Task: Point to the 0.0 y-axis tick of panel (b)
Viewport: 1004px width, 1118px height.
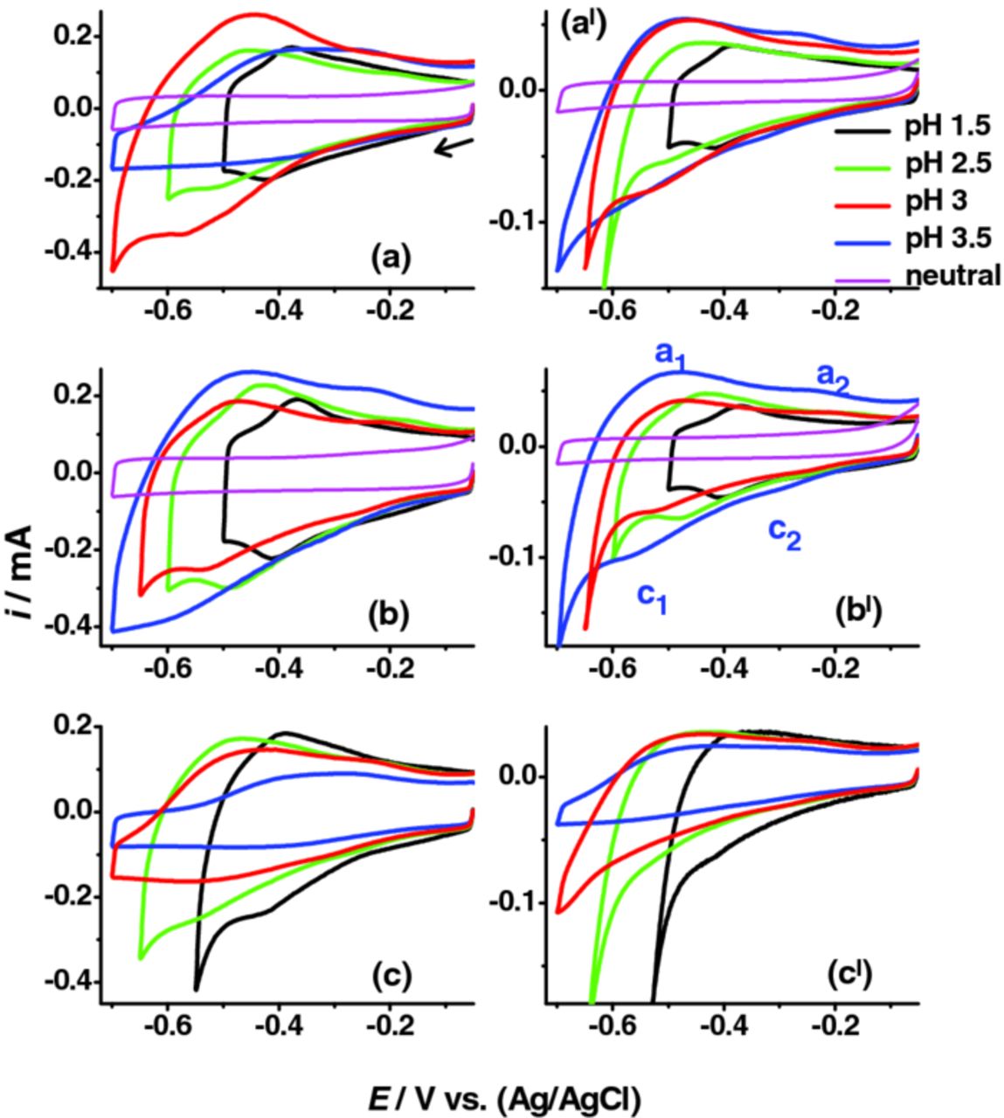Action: [74, 473]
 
